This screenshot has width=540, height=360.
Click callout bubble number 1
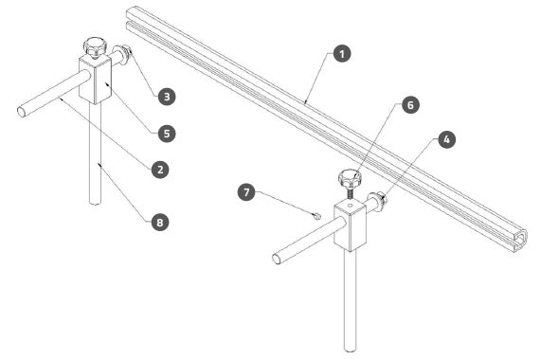click(x=342, y=54)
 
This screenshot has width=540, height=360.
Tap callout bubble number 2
click(x=160, y=170)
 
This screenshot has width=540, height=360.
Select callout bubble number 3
click(x=167, y=97)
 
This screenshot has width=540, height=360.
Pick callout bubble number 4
click(x=446, y=139)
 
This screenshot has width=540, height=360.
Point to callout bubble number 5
click(x=167, y=134)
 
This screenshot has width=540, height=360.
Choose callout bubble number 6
click(x=410, y=105)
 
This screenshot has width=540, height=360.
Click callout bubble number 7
click(x=246, y=192)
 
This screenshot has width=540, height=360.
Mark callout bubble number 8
click(x=160, y=223)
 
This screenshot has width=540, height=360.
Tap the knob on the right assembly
click(x=350, y=178)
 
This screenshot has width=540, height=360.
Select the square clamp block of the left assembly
click(x=95, y=80)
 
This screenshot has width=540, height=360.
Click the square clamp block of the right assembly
click(x=350, y=225)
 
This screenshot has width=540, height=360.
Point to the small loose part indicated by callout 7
click(x=318, y=216)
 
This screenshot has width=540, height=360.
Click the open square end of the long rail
click(x=519, y=240)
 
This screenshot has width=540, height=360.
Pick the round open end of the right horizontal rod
click(x=277, y=259)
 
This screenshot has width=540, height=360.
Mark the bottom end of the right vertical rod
click(x=351, y=349)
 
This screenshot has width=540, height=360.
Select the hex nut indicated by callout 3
click(x=128, y=52)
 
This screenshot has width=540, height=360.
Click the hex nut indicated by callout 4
click(x=383, y=200)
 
